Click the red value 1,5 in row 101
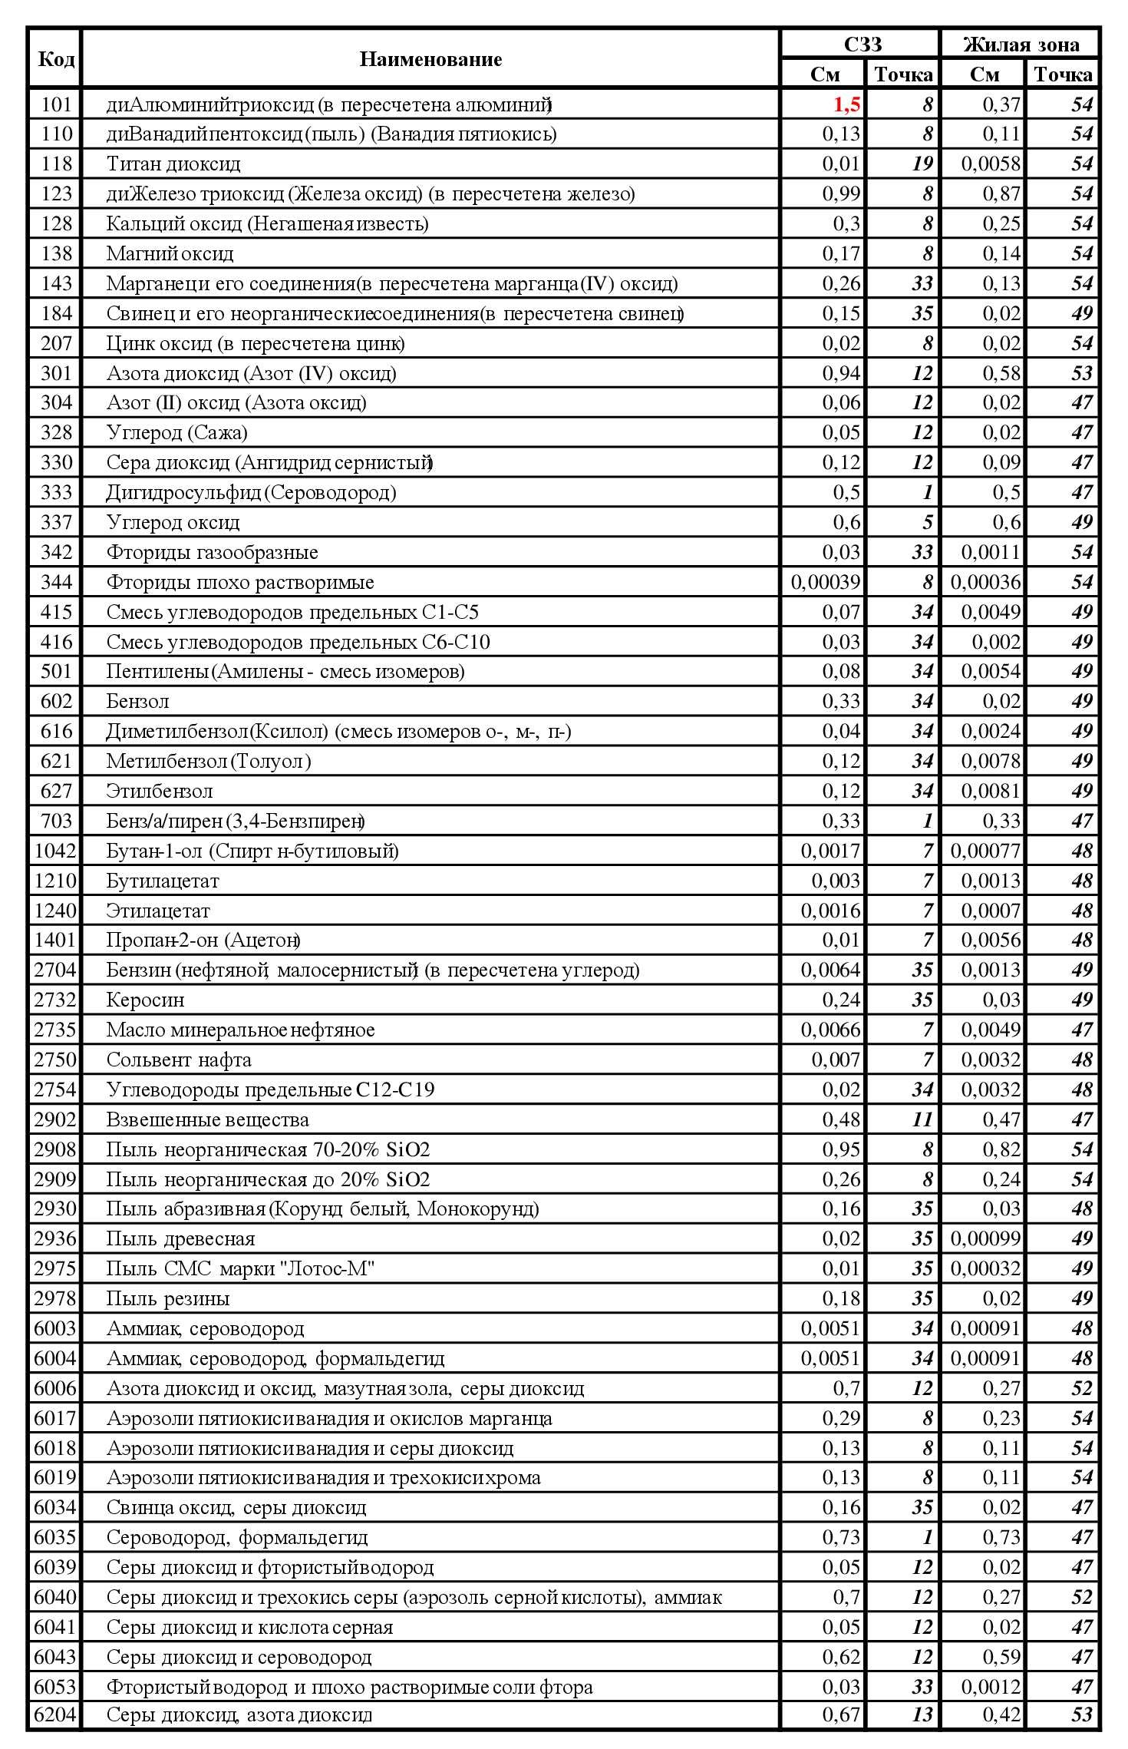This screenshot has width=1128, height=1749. coord(846,104)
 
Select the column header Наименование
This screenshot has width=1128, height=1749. coord(430,59)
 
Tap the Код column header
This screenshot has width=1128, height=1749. coord(55,59)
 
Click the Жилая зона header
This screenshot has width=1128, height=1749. coord(1021,45)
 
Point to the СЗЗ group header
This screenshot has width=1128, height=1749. coord(862,45)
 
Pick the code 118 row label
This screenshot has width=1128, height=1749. coord(56,164)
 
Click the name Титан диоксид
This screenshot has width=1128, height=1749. coord(173,164)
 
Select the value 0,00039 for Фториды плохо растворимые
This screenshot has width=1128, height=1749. coord(826,582)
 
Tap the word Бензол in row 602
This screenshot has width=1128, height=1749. coord(137,701)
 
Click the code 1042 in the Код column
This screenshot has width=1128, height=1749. coord(55,851)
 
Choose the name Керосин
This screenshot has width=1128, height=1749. coord(145,1000)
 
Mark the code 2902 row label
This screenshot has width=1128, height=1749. coord(55,1119)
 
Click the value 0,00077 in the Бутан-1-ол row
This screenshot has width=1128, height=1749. coord(986,851)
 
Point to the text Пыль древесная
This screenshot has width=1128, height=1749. coord(180,1238)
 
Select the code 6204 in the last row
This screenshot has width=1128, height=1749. coord(55,1714)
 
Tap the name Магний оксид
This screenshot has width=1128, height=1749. coord(170,253)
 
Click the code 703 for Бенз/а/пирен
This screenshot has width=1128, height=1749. coord(56,821)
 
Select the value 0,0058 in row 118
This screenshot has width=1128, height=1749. coord(991,164)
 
